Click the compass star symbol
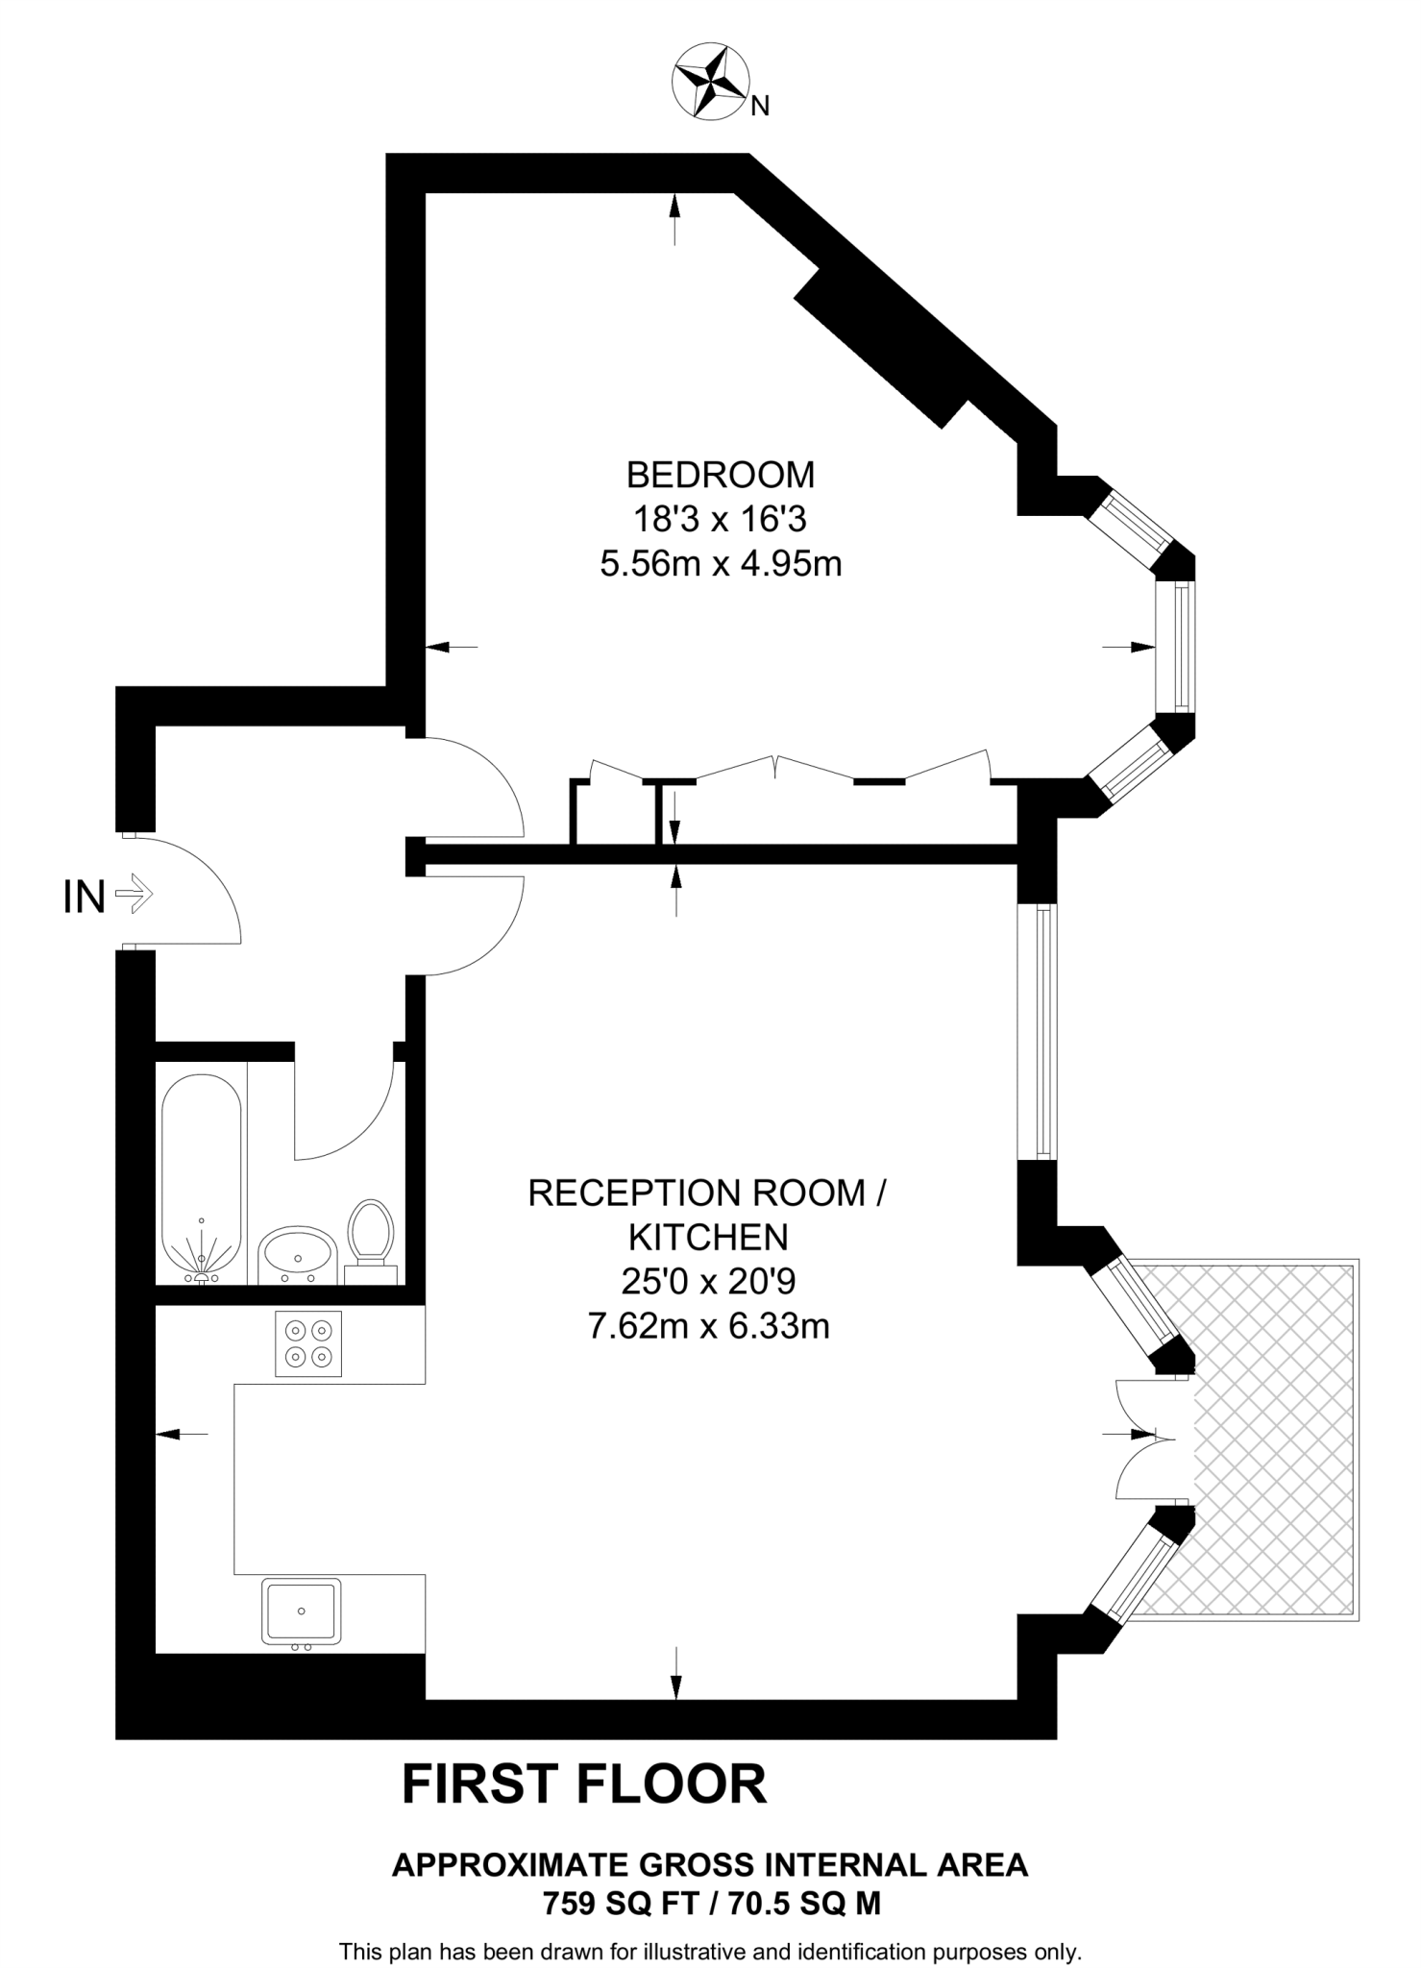click(x=711, y=85)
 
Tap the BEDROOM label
click(x=721, y=475)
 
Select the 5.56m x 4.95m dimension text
click(x=721, y=564)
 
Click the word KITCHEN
click(x=709, y=1238)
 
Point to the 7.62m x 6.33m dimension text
click(x=708, y=1327)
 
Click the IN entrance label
click(x=84, y=898)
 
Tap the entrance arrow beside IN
click(x=134, y=894)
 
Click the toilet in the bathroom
click(x=371, y=1239)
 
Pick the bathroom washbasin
click(x=296, y=1254)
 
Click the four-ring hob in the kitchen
click(x=308, y=1344)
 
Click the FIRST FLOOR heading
click(x=584, y=1785)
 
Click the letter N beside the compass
click(x=759, y=107)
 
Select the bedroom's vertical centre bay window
click(x=1175, y=647)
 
